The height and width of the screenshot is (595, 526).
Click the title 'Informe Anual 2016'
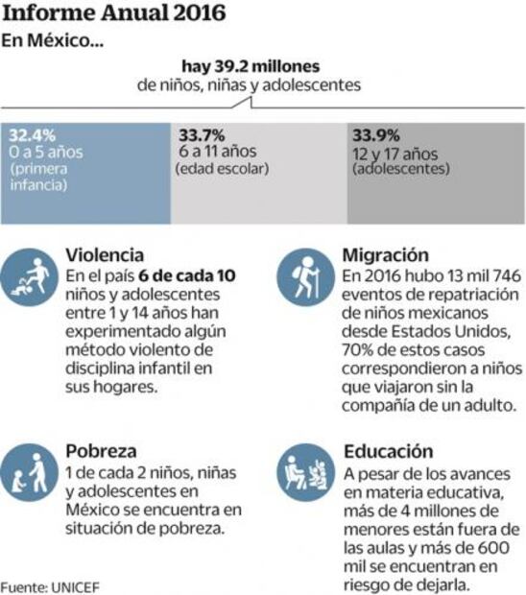[x=114, y=14]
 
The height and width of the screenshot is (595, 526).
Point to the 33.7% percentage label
[x=197, y=134]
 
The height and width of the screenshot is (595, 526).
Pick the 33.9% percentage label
[x=375, y=134]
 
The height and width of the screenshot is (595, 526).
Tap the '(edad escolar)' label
[x=222, y=169]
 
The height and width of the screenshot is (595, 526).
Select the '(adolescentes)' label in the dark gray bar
[x=400, y=169]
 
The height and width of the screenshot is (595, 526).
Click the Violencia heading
[x=106, y=255]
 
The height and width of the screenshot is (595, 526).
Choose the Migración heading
[x=385, y=255]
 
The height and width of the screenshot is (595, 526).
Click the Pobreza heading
[x=101, y=450]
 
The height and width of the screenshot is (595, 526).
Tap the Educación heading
[x=387, y=450]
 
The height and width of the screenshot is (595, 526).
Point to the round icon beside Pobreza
[x=33, y=471]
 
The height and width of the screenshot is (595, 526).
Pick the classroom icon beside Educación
[x=305, y=473]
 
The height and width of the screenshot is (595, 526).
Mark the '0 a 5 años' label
[x=47, y=152]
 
